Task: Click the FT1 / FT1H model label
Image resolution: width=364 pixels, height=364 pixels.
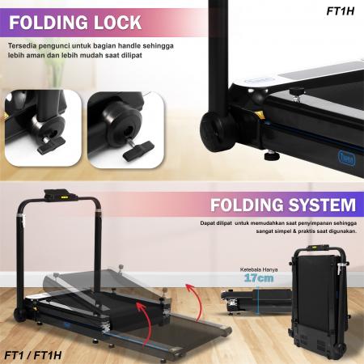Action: pos(33,353)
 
